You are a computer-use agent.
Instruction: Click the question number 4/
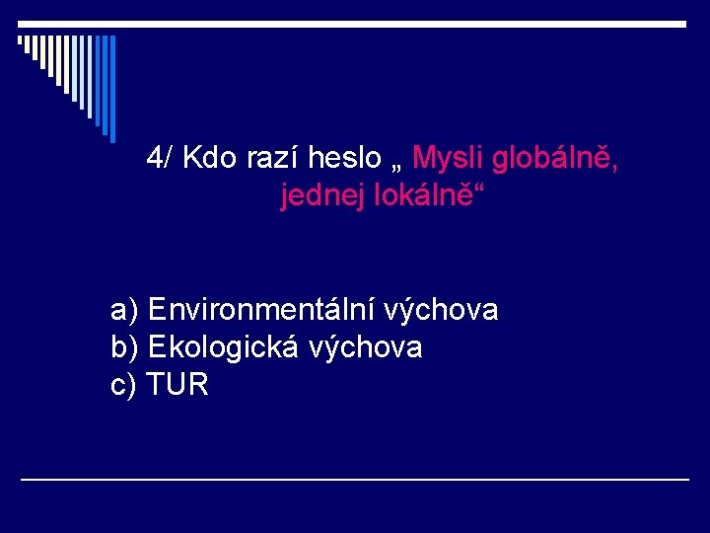click(161, 157)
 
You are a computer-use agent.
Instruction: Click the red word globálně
click(555, 157)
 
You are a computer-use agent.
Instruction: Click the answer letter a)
click(125, 311)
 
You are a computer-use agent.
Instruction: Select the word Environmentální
click(251, 311)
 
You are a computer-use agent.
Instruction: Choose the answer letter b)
click(125, 347)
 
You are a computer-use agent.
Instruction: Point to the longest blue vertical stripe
click(112, 89)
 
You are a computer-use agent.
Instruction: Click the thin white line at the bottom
click(355, 479)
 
